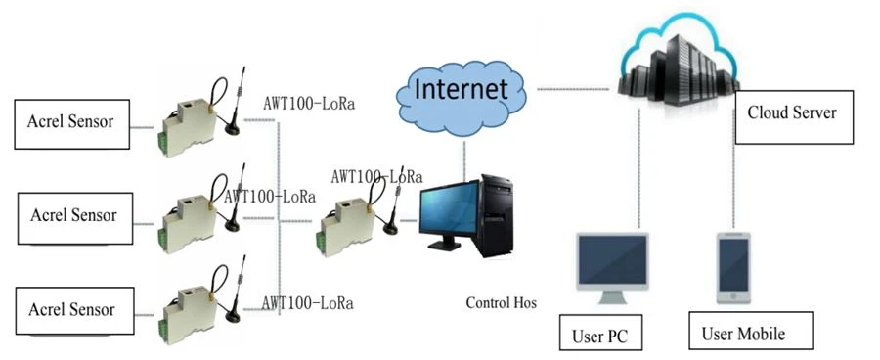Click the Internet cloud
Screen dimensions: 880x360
coord(461,98)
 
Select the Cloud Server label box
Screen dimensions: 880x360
coord(794,116)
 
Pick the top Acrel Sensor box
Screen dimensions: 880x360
coord(71,124)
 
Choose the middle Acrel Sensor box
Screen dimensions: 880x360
coord(75,218)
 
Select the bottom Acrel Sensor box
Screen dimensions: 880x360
coord(74,310)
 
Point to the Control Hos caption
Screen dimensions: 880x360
coord(502,303)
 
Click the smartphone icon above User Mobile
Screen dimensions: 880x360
coord(733,268)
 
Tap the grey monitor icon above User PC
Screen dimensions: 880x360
coord(613,267)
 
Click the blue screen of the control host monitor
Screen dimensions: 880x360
coord(450,209)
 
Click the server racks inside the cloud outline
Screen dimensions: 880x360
coord(677,70)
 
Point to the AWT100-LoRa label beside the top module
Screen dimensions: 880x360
coord(309,104)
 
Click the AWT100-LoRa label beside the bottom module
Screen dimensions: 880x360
coord(308,303)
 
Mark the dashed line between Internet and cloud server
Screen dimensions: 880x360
coord(572,89)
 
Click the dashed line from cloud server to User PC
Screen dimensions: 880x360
coord(639,168)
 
